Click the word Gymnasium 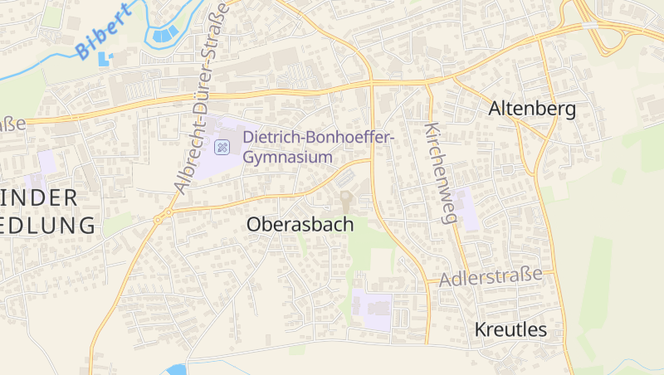[x=288, y=156]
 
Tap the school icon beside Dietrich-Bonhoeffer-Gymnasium [x=222, y=147]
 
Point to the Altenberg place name [x=532, y=108]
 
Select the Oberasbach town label [x=300, y=224]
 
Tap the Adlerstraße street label [x=496, y=276]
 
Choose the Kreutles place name [x=510, y=329]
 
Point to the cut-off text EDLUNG [x=46, y=224]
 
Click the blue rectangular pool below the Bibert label [x=105, y=60]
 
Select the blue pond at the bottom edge [x=175, y=369]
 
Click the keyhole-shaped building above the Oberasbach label [x=346, y=200]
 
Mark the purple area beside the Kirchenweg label [x=466, y=207]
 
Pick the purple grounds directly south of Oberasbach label [x=371, y=309]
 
